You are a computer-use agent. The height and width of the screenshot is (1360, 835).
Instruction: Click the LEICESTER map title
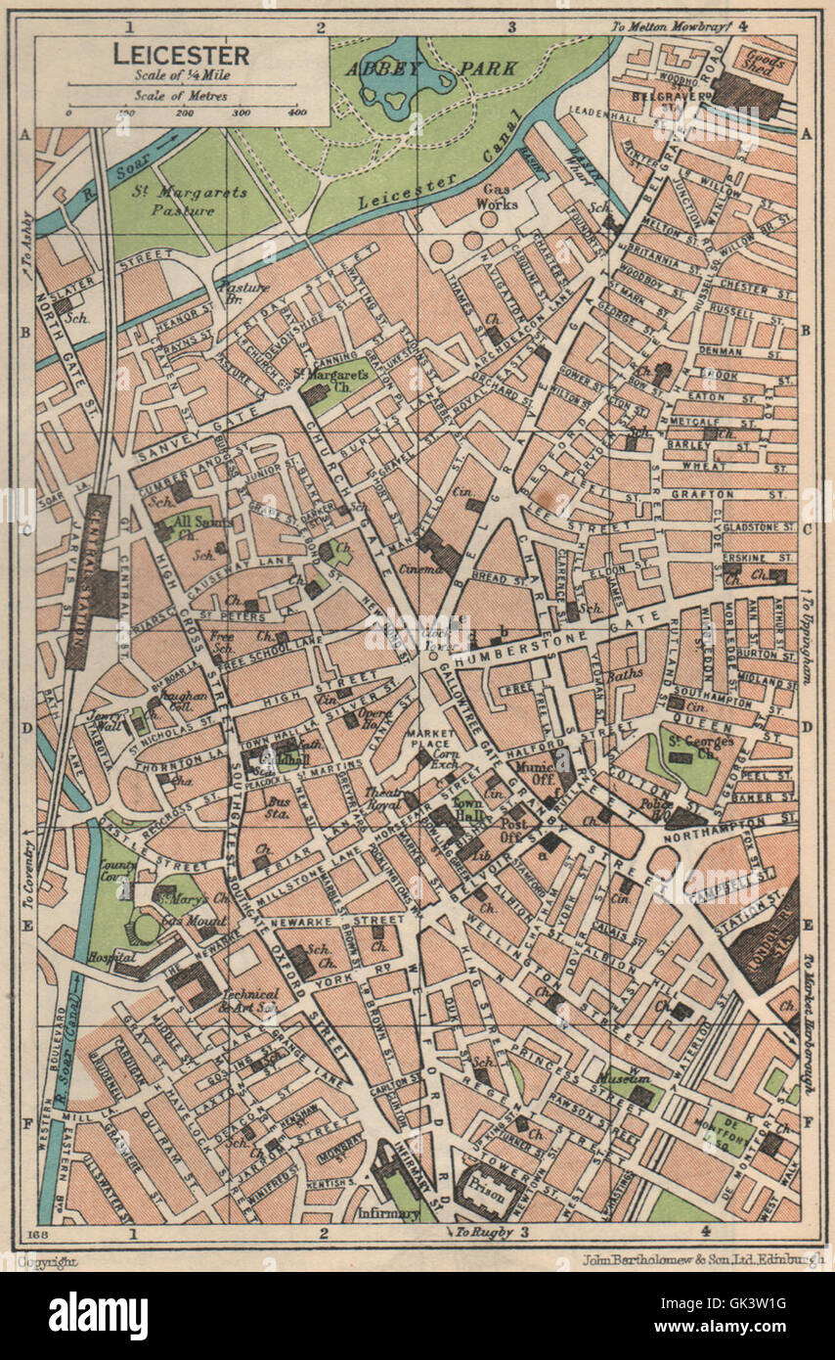tap(181, 55)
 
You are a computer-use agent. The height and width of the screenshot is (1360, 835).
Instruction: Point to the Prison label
tap(489, 1195)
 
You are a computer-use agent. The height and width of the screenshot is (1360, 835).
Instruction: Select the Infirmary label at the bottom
tap(389, 1213)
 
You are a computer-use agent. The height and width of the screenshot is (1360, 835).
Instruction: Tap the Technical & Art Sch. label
tap(248, 1000)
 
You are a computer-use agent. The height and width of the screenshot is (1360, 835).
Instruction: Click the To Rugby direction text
tap(486, 1231)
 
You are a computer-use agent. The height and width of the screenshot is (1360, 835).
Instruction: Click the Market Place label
tap(431, 740)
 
